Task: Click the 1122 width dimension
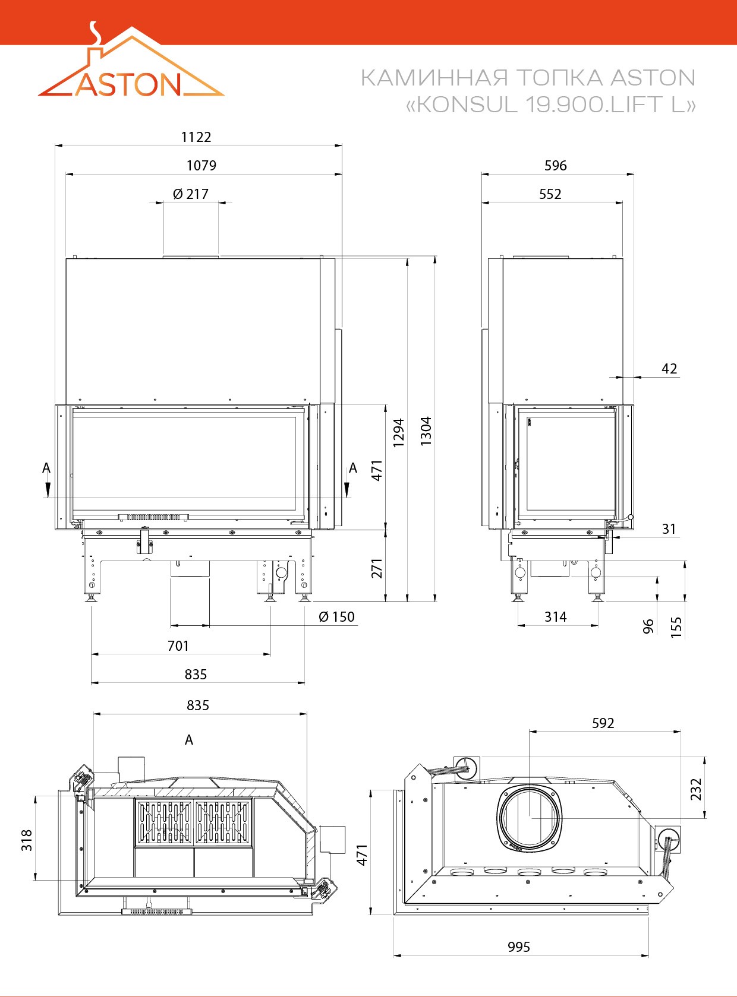196,137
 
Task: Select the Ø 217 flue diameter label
191,194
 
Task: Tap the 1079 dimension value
201,166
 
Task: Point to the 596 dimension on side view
556,166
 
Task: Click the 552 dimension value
550,194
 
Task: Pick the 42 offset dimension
669,369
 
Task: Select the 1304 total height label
426,431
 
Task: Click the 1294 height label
399,433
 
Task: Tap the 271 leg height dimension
377,568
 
